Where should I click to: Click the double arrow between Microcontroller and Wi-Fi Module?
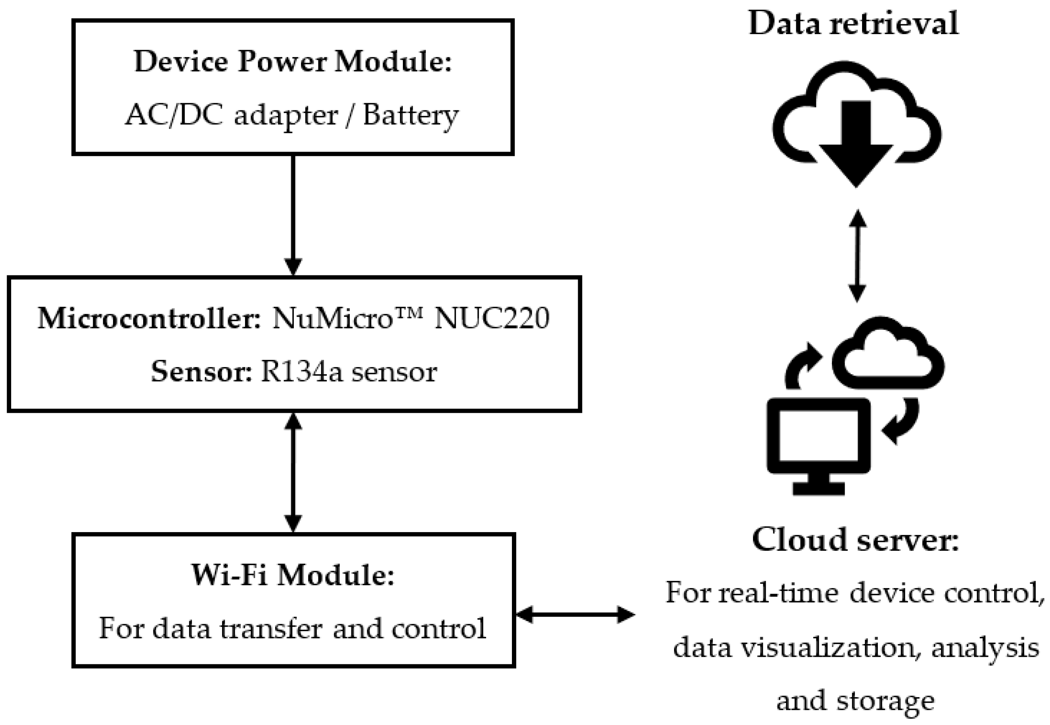pyautogui.click(x=293, y=473)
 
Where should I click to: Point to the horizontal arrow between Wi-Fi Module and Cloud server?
pyautogui.click(x=575, y=615)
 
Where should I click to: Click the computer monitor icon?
pyautogui.click(x=818, y=443)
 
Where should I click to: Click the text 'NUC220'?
pyautogui.click(x=492, y=318)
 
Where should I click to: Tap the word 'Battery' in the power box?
pyautogui.click(x=410, y=115)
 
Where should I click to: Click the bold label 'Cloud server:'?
pyautogui.click(x=855, y=540)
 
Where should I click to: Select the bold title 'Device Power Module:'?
pyautogui.click(x=293, y=62)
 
